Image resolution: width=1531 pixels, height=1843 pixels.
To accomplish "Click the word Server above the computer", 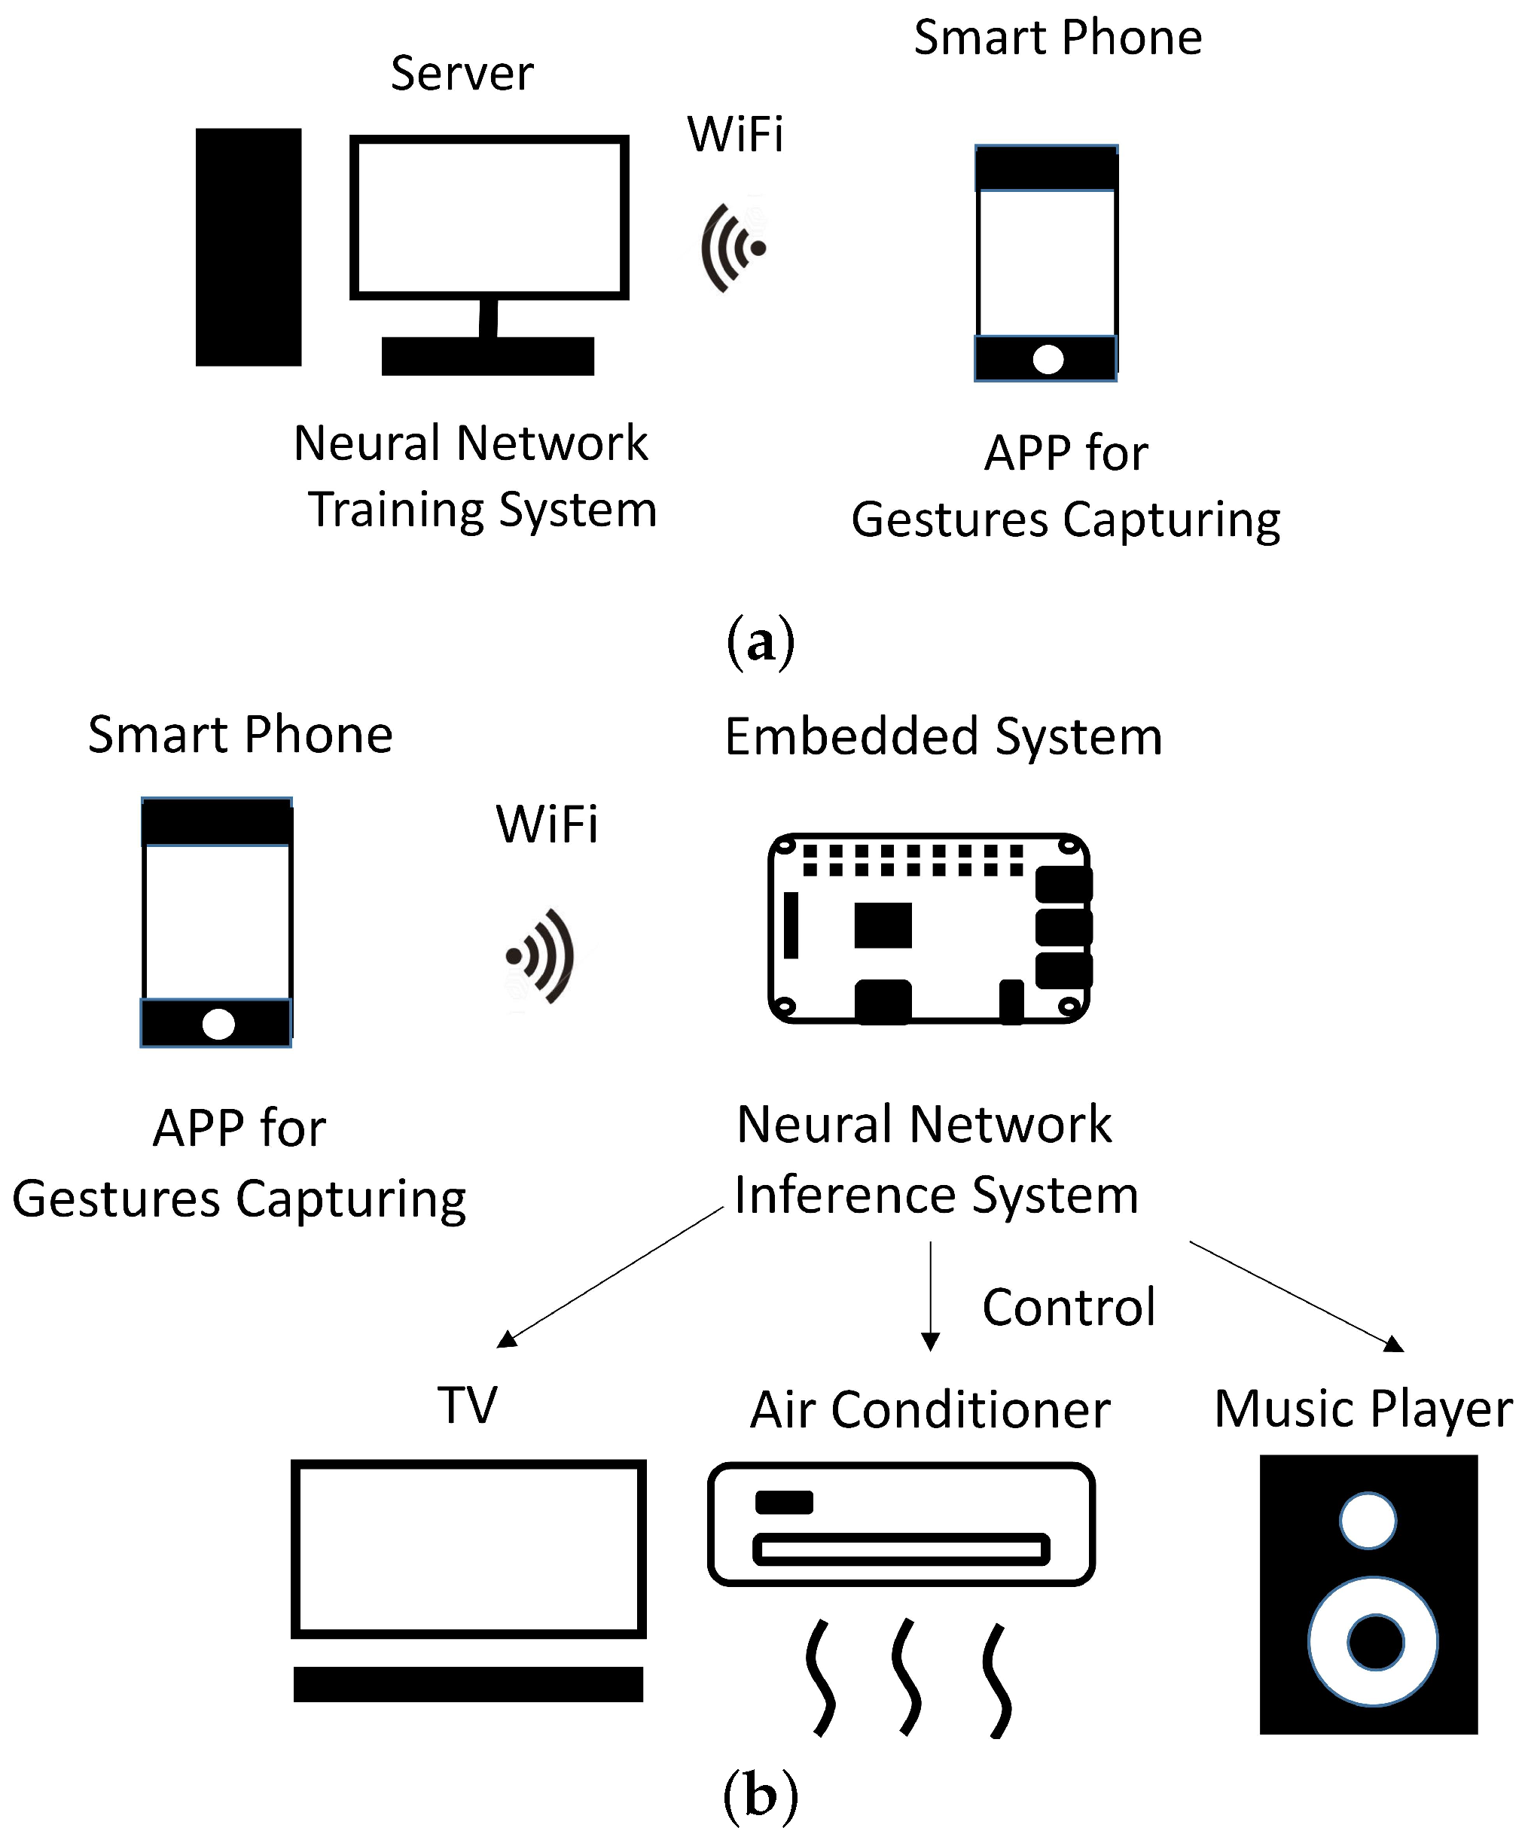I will click(462, 73).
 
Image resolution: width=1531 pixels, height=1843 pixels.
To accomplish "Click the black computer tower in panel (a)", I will click(249, 247).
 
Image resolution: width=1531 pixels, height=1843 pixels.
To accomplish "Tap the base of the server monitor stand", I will click(487, 356).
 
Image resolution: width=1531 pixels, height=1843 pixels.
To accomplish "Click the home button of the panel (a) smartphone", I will click(1048, 359).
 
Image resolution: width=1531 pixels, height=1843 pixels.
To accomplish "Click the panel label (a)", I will click(761, 641).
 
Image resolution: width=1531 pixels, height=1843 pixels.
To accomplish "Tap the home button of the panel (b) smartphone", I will click(218, 1023).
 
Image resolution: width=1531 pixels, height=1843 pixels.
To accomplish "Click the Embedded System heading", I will click(944, 736).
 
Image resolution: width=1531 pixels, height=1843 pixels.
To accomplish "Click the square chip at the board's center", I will click(883, 925).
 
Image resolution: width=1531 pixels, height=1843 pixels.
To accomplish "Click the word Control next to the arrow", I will click(1069, 1308).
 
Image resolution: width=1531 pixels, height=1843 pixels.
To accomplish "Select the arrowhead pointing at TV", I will click(507, 1339).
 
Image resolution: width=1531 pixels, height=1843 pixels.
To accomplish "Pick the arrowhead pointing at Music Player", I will click(1393, 1344).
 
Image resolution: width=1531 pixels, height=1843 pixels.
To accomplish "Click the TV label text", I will click(467, 1405).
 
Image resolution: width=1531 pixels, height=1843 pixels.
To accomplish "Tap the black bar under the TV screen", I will click(468, 1684).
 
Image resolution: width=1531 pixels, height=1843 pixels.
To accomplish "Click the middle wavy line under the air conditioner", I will click(907, 1677).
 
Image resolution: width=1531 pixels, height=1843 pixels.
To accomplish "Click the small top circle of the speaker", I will click(1368, 1521).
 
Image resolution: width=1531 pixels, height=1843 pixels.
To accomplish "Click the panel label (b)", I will click(761, 1795).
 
